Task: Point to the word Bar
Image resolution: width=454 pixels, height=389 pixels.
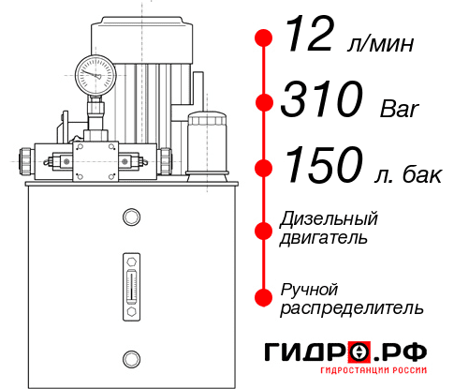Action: tap(401, 106)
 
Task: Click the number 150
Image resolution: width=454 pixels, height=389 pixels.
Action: tap(323, 167)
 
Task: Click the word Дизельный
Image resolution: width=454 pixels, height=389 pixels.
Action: tap(329, 218)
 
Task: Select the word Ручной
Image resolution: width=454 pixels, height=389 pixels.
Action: tap(309, 288)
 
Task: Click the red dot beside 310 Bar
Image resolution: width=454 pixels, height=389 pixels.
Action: tap(264, 102)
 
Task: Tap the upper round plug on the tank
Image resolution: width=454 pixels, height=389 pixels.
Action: tap(130, 217)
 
